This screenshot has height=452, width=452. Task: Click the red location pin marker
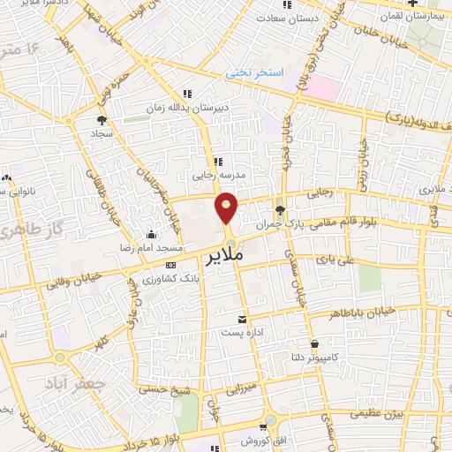click(x=227, y=208)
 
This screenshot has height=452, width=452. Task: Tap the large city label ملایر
click(x=224, y=259)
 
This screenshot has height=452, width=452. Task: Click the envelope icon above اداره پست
click(x=242, y=319)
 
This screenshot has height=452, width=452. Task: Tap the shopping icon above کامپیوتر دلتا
click(x=313, y=343)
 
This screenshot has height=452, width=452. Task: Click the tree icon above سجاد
click(x=102, y=119)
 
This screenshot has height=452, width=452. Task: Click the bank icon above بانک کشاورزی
click(x=170, y=265)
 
